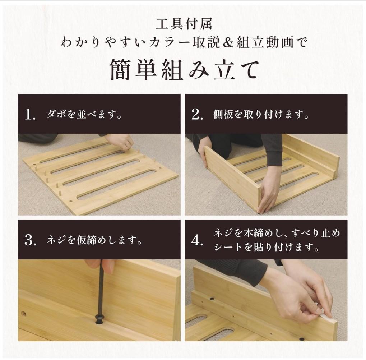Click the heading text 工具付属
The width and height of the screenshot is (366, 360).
pos(184,24)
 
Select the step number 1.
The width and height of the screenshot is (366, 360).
pos(30,115)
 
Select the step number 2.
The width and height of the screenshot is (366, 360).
pos(197,115)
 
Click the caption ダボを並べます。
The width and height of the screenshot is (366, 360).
pos(84,115)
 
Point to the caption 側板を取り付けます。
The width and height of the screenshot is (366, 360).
pos(261,115)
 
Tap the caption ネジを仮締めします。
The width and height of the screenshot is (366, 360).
pos(94,240)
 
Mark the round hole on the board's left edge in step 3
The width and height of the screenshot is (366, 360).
pos(23,314)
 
